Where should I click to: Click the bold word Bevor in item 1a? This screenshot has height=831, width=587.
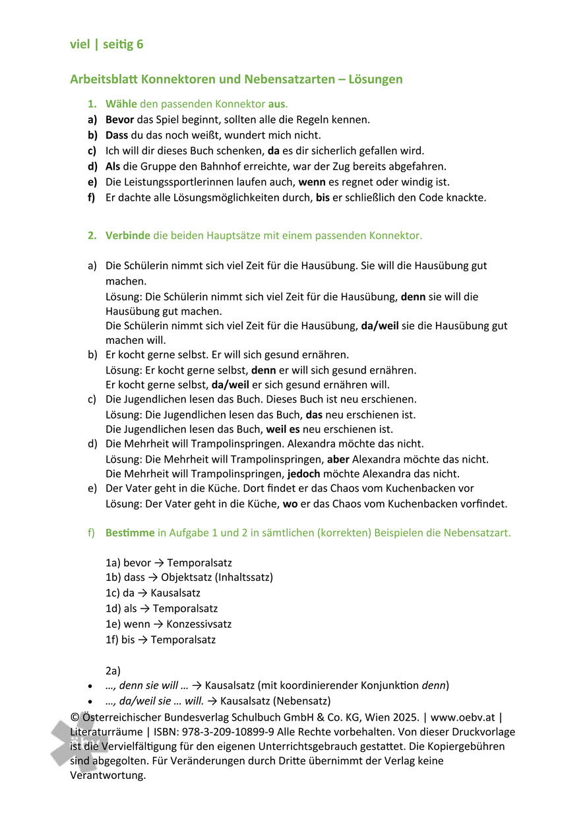click(119, 119)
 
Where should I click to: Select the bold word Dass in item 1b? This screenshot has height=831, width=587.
click(117, 135)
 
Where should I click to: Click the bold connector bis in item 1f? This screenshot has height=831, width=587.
click(323, 197)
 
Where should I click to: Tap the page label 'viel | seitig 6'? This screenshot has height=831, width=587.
click(106, 44)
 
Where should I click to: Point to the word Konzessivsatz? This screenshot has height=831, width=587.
click(199, 624)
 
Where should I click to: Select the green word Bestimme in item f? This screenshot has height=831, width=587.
click(130, 533)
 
